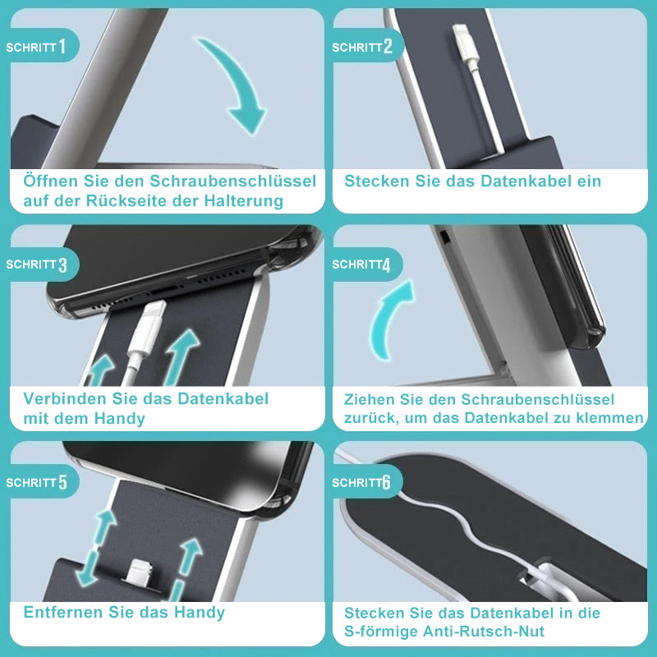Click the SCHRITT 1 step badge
[x=39, y=45]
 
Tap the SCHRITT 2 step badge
[x=365, y=45]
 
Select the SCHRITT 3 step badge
[x=39, y=264]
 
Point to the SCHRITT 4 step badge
[x=365, y=264]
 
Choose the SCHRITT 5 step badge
[x=39, y=481]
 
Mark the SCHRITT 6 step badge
[x=365, y=481]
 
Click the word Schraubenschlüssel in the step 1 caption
[x=233, y=181]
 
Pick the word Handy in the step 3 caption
[x=119, y=419]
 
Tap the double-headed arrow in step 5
[x=95, y=548]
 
